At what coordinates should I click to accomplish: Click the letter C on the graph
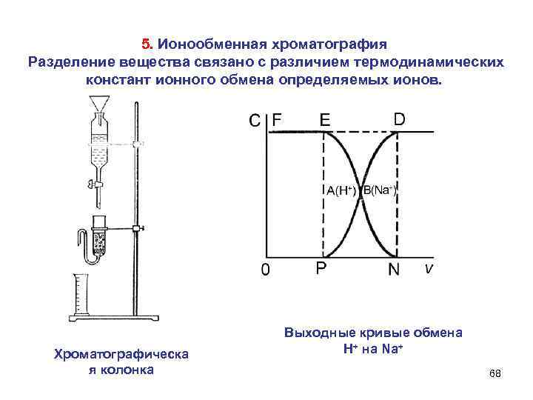tap(254, 120)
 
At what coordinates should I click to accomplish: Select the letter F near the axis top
tap(278, 119)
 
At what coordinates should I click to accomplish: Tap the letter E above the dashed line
tap(325, 119)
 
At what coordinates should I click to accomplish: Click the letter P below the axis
tap(322, 268)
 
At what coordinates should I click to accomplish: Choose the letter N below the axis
tap(395, 269)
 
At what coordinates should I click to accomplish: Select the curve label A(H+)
tap(341, 190)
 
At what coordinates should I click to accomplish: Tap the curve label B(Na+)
tap(381, 190)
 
